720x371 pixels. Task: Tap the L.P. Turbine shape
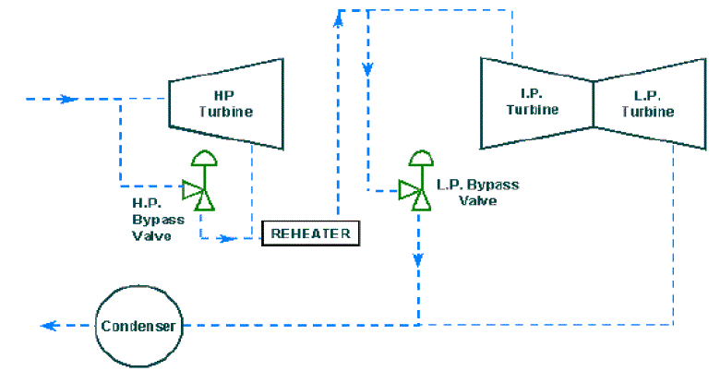point(646,102)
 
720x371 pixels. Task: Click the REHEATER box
point(310,233)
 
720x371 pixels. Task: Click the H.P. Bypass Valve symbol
point(200,192)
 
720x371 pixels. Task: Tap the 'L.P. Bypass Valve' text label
point(476,192)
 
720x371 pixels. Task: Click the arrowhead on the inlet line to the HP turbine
point(66,99)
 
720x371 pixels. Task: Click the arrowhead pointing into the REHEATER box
point(228,238)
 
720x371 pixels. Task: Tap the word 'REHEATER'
point(310,233)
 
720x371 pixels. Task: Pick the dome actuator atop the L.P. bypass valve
point(422,158)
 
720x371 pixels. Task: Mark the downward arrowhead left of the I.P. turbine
point(368,67)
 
